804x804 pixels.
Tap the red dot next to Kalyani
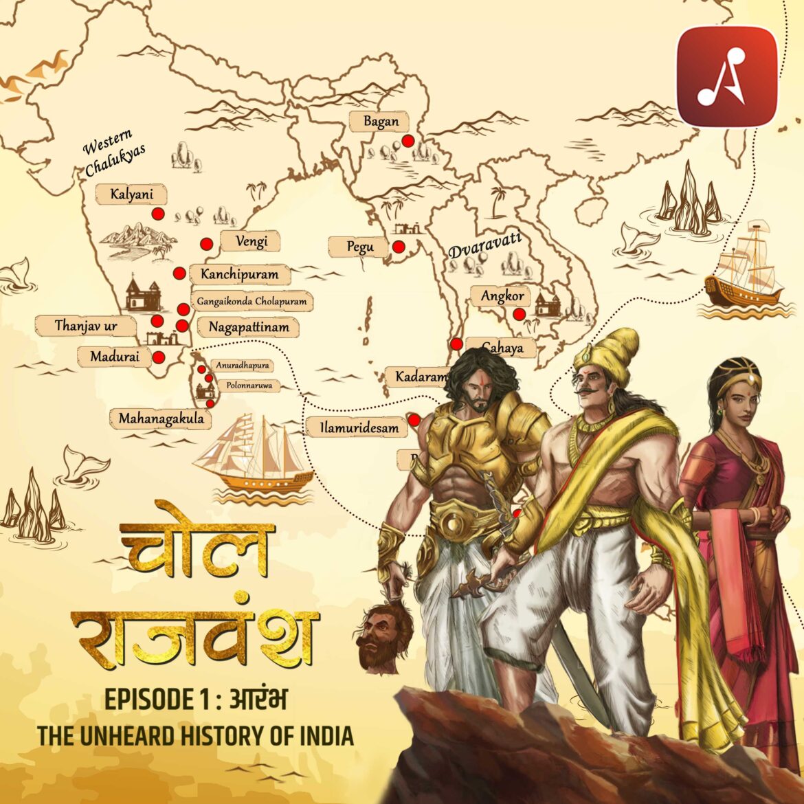click(159, 214)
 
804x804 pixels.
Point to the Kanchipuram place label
click(239, 274)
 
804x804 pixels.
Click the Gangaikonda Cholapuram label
click(252, 301)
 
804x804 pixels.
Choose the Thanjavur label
click(86, 326)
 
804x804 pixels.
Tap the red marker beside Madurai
click(159, 357)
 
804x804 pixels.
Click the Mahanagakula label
click(161, 418)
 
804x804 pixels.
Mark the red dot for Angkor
click(520, 314)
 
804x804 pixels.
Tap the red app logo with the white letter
click(727, 76)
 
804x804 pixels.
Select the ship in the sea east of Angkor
click(746, 268)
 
